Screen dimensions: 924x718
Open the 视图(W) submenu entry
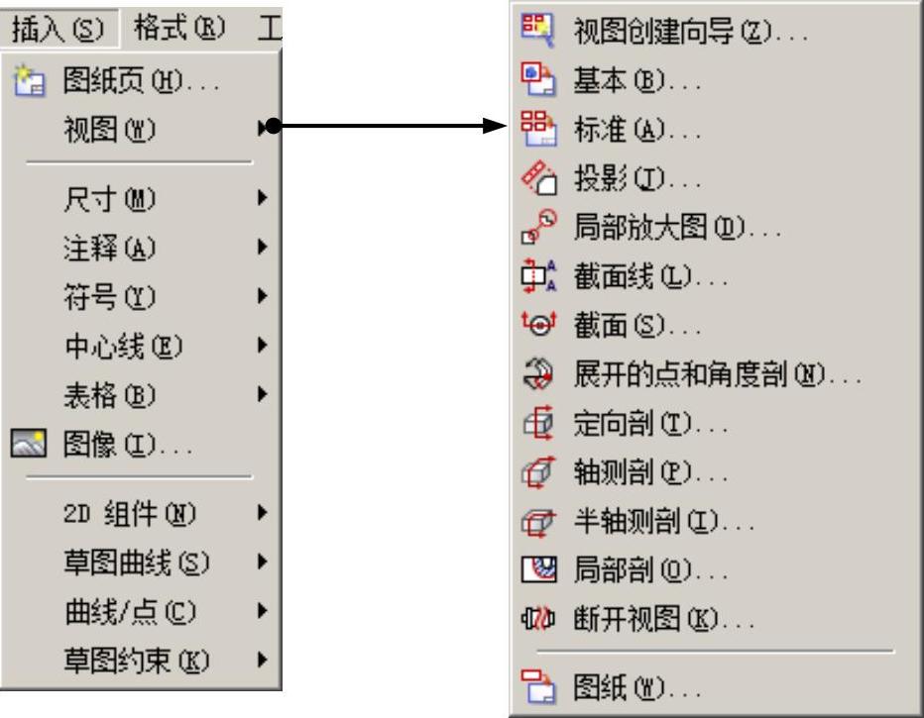109,128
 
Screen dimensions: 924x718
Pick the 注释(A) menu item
109,248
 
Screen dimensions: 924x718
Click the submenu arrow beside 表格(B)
262,393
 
